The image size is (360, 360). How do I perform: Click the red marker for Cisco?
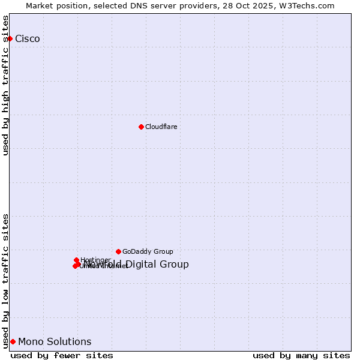tap(10, 38)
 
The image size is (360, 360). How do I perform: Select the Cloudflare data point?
tap(141, 127)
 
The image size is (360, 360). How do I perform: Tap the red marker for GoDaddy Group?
tap(118, 251)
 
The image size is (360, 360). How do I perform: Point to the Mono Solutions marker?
tap(13, 341)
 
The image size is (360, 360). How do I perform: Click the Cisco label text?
tap(28, 39)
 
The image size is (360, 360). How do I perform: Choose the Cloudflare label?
tap(161, 127)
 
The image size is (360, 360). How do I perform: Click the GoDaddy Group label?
tap(148, 251)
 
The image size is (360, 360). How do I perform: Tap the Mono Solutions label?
tap(55, 342)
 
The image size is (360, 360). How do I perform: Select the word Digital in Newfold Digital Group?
tap(145, 265)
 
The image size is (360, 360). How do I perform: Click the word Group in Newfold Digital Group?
tap(175, 265)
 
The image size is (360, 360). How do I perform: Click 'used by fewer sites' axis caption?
tap(62, 355)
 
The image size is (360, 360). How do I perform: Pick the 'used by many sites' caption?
tap(301, 355)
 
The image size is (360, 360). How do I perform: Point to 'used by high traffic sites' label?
tap(5, 85)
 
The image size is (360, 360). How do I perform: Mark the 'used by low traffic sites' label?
tap(5, 281)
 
